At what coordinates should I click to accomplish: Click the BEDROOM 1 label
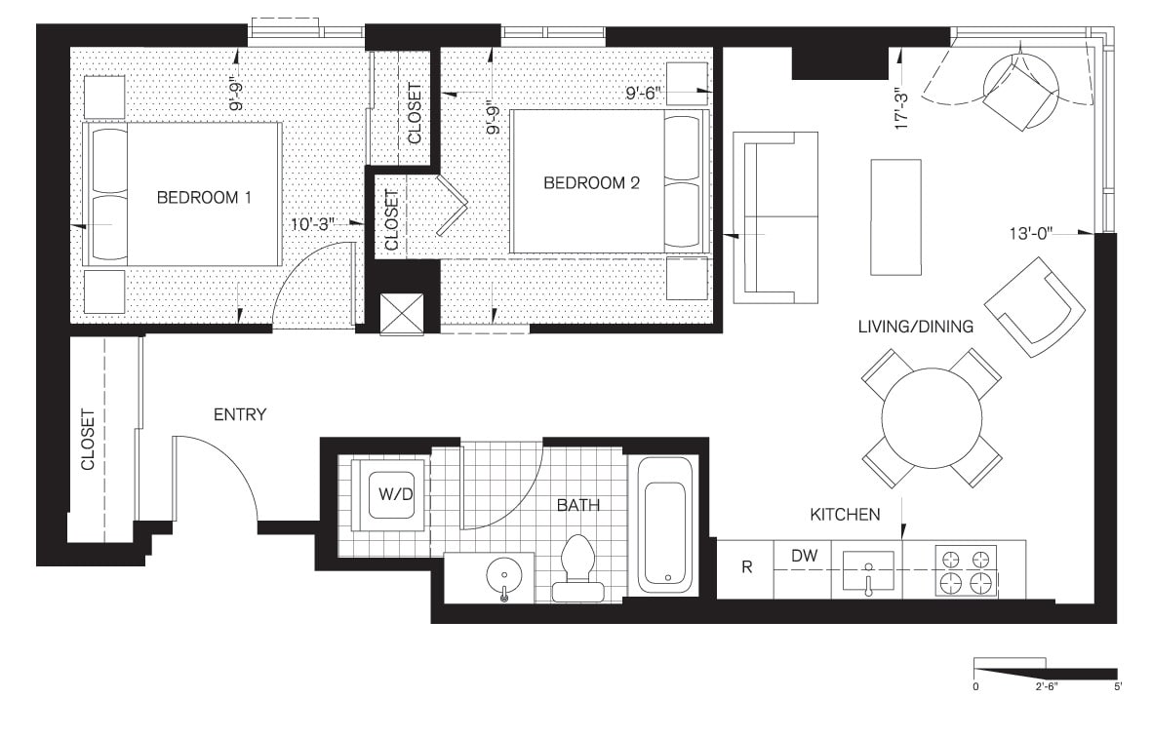[x=204, y=198]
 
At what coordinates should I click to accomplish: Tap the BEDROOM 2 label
[x=591, y=182]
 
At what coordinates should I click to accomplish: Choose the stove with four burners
[x=965, y=570]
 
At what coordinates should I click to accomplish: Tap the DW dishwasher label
[x=803, y=556]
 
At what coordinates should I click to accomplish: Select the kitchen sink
[x=867, y=569]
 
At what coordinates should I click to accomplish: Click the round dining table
[x=932, y=418]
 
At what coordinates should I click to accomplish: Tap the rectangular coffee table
[x=894, y=216]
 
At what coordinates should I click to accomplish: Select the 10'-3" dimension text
[x=313, y=224]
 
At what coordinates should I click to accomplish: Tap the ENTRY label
[x=239, y=414]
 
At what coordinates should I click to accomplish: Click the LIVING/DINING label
[x=915, y=327]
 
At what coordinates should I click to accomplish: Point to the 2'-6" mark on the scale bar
[x=1045, y=686]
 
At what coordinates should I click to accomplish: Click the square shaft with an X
[x=402, y=313]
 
